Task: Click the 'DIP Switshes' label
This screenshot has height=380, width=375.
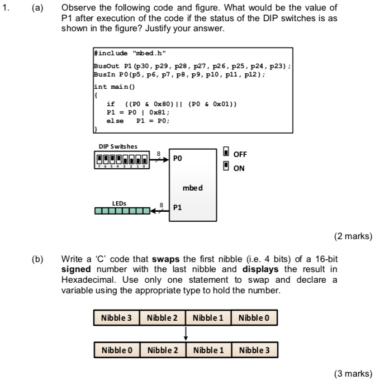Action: point(115,147)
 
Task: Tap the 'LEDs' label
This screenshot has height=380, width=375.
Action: point(119,203)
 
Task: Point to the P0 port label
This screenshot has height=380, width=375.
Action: point(178,159)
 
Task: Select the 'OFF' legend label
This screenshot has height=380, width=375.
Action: point(241,154)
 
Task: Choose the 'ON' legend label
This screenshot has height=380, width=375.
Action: point(239,167)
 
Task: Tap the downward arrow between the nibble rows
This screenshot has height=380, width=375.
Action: point(185,334)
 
